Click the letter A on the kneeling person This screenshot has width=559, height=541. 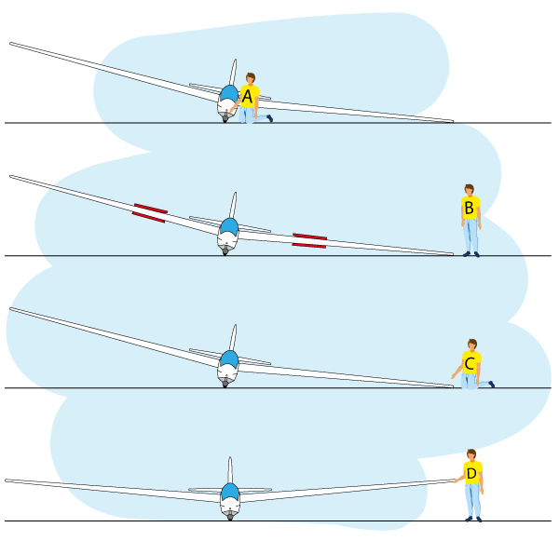[x=247, y=95]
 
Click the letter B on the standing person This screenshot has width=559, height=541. [x=469, y=208]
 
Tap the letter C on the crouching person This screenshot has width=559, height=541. [x=470, y=363]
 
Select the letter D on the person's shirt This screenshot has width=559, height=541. [x=471, y=473]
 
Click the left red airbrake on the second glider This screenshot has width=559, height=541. [x=149, y=212]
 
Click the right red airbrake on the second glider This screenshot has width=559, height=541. [x=309, y=240]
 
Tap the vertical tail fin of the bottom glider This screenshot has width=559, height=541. [x=230, y=469]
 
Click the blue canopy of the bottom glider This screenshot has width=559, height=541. [x=230, y=492]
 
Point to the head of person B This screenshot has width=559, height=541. [x=469, y=190]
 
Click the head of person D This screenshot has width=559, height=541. [x=470, y=455]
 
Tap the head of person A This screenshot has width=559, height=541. [x=250, y=79]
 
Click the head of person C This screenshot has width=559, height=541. [x=472, y=345]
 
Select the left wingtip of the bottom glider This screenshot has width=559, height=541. [x=8, y=481]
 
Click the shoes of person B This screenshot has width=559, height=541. [x=470, y=253]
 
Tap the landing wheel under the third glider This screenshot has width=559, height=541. [x=225, y=383]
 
